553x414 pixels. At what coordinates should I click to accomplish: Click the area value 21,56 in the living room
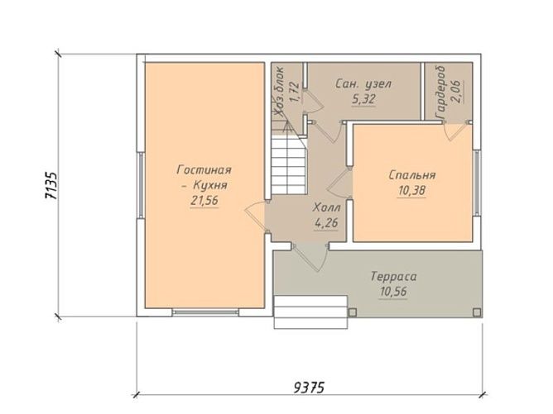point(204,201)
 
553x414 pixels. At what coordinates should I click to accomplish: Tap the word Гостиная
point(204,170)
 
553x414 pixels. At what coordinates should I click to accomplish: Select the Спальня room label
point(412,175)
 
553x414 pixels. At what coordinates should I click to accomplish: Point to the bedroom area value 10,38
point(412,190)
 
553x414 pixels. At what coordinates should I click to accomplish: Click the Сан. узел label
point(363,83)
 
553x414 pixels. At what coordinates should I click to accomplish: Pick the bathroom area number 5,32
point(363,99)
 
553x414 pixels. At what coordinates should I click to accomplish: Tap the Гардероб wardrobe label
point(441,93)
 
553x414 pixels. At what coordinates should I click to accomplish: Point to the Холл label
point(326,207)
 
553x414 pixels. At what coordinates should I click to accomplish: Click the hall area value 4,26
point(326,222)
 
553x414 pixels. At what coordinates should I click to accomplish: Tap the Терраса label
point(393,276)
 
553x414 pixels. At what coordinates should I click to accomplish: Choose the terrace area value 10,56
point(393,292)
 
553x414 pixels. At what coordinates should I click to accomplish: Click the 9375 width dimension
point(309,388)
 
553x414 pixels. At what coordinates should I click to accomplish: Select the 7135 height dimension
point(51,186)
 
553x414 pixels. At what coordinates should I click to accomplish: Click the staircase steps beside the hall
point(288,165)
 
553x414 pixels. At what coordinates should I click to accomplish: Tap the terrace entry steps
point(310,312)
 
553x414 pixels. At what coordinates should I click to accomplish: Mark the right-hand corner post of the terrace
point(476,312)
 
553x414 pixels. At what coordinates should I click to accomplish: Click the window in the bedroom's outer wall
point(477,183)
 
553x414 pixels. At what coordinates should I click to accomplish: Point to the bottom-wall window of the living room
point(205,312)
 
